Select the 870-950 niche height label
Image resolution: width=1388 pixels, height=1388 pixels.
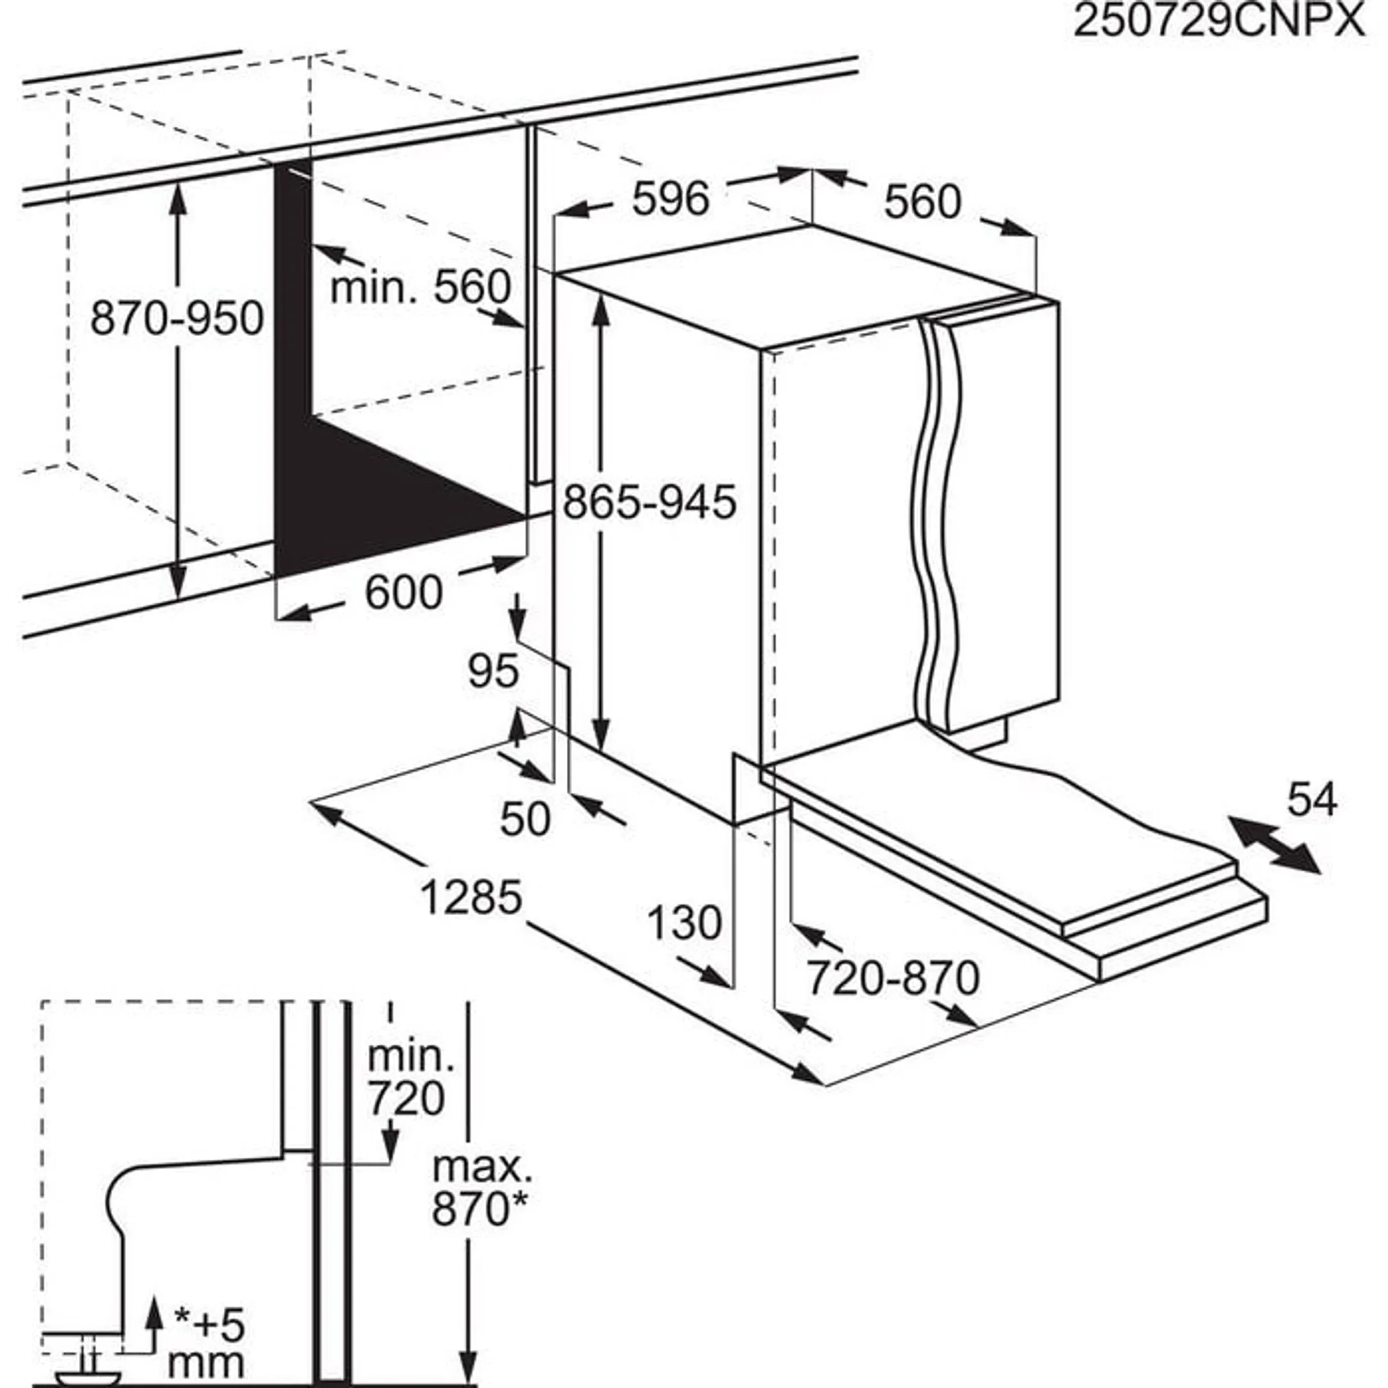[177, 318]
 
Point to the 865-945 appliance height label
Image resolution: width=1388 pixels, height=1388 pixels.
[650, 501]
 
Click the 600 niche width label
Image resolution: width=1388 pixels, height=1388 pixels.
[404, 592]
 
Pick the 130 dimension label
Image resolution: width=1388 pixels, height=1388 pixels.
[684, 923]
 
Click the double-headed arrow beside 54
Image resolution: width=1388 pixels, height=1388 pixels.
[1274, 845]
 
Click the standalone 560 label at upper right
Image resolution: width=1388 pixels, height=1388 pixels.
[921, 202]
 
